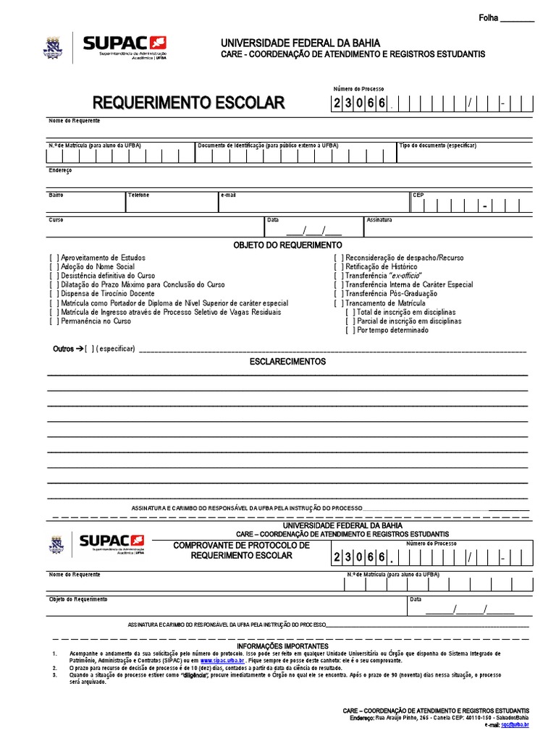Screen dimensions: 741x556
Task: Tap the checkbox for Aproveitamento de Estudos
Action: coord(54,258)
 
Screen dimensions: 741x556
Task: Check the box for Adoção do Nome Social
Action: coord(54,267)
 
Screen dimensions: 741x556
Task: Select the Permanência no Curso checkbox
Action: coord(54,321)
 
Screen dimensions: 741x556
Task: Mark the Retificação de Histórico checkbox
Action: coord(337,267)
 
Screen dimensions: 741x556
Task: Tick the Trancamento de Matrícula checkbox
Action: coord(337,303)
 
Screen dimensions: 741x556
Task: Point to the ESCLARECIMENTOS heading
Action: coord(287,361)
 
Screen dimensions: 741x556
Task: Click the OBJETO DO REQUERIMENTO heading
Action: coord(287,246)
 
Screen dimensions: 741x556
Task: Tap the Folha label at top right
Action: coord(489,17)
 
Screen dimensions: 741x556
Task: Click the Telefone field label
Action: coord(139,195)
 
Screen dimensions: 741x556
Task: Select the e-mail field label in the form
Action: coord(229,195)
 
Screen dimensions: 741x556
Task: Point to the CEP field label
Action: coord(418,195)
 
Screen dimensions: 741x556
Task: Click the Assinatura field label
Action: coord(379,219)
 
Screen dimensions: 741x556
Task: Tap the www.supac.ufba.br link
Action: coord(222,661)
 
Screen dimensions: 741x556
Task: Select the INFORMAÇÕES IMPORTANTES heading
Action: coord(282,645)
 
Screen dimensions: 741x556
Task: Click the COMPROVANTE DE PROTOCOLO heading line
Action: coord(241,544)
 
